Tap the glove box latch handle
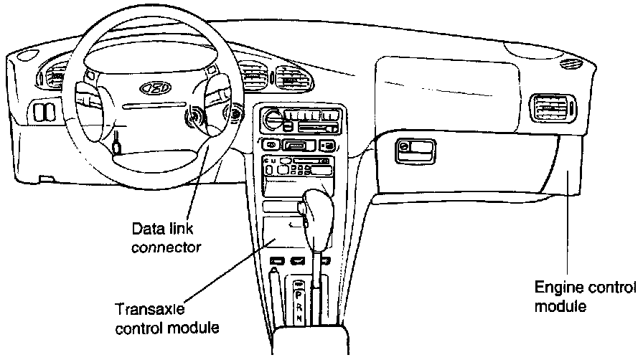417,151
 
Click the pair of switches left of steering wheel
43,112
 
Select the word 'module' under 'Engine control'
561,306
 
